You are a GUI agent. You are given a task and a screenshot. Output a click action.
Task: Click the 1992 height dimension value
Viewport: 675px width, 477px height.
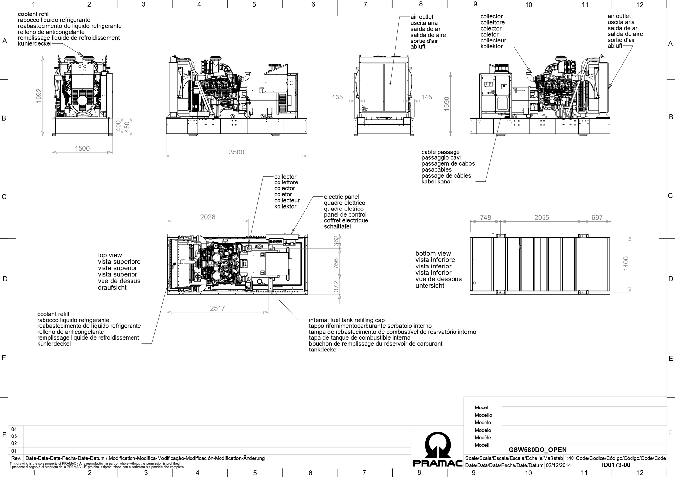click(x=39, y=96)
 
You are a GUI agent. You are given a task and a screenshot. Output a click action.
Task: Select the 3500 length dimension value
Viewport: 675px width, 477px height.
click(x=237, y=152)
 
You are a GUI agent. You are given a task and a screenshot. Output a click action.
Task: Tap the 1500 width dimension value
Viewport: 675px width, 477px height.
click(x=82, y=148)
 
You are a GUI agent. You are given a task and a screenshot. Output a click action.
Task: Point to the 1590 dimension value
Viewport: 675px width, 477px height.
click(x=447, y=104)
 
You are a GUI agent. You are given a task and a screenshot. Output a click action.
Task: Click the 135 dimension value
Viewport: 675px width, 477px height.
click(x=337, y=97)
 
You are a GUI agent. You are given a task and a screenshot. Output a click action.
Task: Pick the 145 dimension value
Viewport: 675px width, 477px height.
click(x=427, y=97)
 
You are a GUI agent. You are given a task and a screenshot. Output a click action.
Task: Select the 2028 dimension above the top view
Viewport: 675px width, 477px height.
click(x=208, y=217)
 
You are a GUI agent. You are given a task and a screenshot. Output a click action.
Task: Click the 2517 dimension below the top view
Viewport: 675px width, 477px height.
click(x=218, y=308)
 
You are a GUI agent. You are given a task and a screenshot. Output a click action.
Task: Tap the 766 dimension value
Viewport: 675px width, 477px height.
click(x=336, y=264)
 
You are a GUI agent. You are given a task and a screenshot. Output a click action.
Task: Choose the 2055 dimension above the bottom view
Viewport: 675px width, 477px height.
click(x=542, y=218)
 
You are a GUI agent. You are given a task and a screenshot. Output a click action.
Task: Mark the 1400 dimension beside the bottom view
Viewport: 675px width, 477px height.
click(x=626, y=264)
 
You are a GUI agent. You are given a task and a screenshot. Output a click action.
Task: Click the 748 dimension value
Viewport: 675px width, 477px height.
click(x=485, y=218)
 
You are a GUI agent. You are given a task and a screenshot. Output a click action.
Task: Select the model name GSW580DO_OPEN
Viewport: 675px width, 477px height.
click(x=538, y=450)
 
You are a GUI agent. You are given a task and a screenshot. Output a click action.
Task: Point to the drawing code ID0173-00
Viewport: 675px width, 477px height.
click(x=616, y=465)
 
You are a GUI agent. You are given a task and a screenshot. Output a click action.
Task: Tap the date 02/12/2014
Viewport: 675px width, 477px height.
click(x=558, y=465)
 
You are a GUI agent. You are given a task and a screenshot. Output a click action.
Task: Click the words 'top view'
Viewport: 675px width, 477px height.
click(x=110, y=255)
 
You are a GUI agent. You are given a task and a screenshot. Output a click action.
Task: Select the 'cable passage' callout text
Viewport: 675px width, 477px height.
click(x=440, y=152)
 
